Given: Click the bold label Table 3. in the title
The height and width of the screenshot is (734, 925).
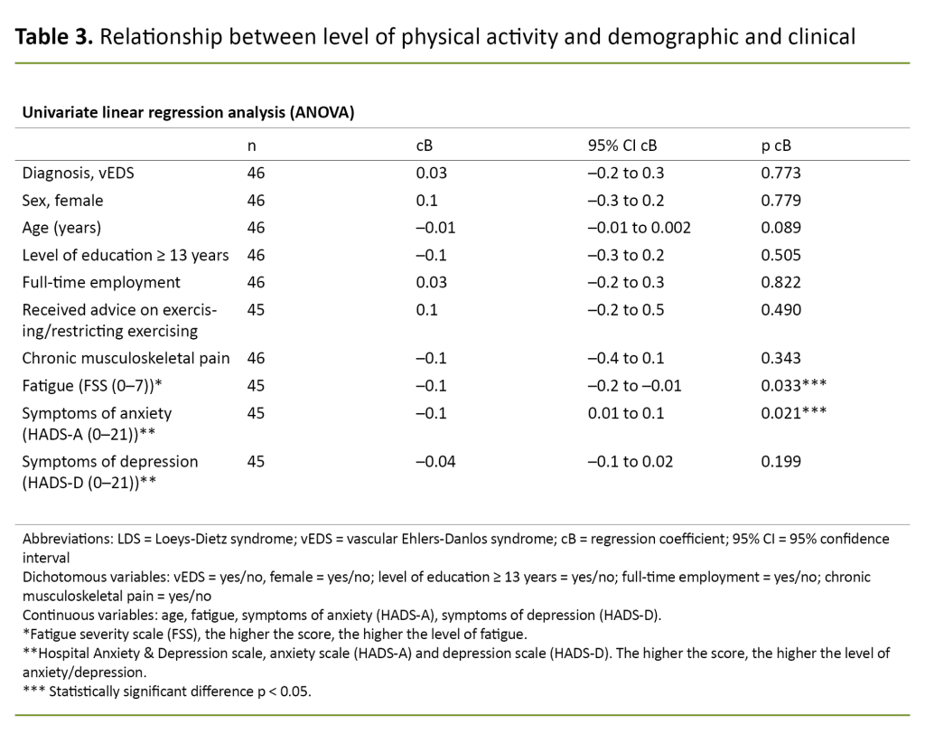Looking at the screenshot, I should pos(53,38).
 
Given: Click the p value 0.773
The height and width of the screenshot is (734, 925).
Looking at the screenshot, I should pos(781,174).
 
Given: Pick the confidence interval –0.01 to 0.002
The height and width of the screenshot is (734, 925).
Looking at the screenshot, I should pos(639,228).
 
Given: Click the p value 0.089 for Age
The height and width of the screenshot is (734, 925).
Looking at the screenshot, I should pos(781,228).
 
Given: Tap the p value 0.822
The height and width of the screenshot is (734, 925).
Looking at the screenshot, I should pos(781,282).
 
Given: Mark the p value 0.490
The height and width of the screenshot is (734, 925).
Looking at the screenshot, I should pos(781,310).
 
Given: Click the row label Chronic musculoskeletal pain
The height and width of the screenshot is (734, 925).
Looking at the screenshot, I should pos(126,358).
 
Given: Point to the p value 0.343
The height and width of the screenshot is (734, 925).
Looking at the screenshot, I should pos(781,358).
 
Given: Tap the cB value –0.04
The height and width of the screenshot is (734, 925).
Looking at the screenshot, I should pos(434,461).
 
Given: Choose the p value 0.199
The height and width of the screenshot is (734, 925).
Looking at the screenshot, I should pos(781,461).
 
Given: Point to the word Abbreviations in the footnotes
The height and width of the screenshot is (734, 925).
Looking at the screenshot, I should pos(63,539).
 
